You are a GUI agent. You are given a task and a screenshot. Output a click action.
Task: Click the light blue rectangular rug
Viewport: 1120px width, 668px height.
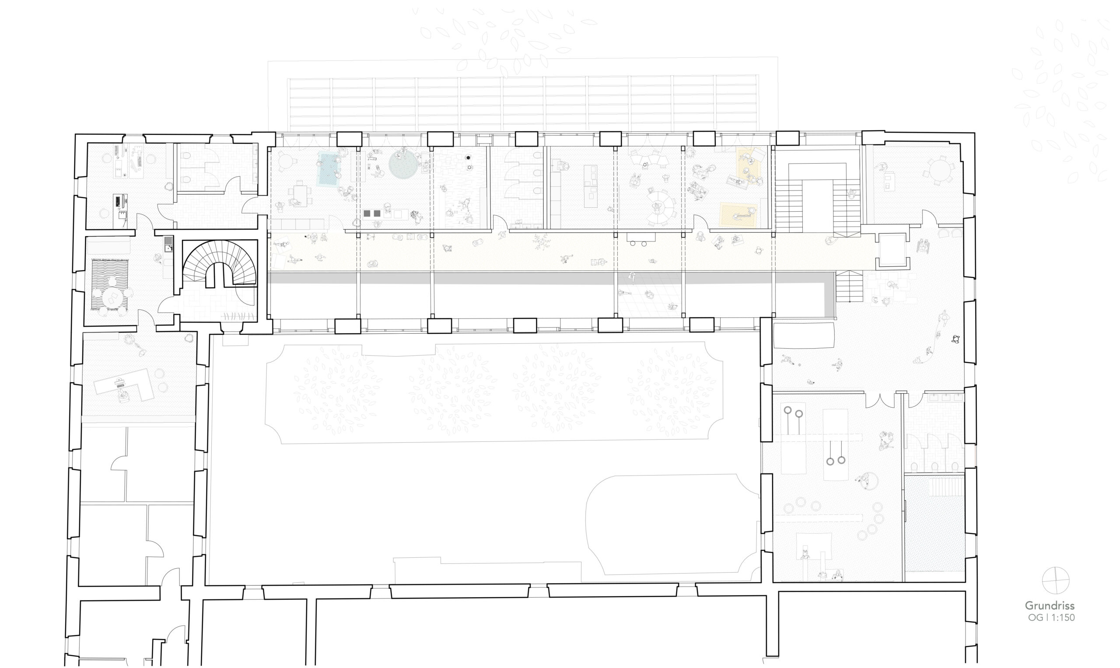(x=328, y=169)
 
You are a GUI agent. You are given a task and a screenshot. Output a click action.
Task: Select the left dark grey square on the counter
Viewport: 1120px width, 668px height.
(x=367, y=213)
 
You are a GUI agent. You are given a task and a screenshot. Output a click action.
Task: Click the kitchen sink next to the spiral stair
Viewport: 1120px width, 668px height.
(x=168, y=244)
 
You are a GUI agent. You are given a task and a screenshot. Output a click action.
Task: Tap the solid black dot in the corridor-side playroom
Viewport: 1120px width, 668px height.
(x=469, y=157)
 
